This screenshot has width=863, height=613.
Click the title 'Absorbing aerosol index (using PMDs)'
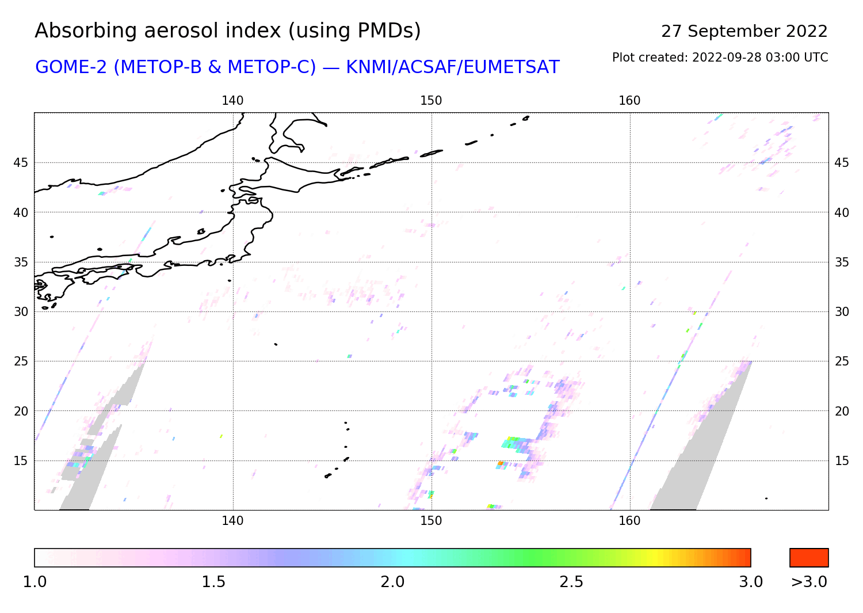(228, 31)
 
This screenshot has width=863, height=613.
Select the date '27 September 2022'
(744, 32)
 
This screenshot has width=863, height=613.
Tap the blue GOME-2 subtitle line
(297, 67)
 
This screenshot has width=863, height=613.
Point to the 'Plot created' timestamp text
(720, 58)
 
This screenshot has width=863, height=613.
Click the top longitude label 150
(431, 101)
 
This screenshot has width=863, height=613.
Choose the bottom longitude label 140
(232, 521)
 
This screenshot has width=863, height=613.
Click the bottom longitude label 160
(629, 521)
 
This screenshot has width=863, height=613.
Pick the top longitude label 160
(629, 101)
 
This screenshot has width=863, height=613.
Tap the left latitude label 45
(21, 163)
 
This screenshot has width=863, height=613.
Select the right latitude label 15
(842, 460)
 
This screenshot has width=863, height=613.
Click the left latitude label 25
(21, 361)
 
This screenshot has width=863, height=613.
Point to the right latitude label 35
(842, 262)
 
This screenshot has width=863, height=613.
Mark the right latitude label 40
(842, 213)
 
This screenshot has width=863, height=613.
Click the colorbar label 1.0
(35, 582)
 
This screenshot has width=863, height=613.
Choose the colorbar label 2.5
(571, 582)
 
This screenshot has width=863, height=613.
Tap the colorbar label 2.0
(392, 582)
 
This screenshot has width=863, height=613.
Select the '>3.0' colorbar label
(809, 582)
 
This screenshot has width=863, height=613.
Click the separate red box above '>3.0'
(809, 558)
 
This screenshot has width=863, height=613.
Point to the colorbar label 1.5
(213, 582)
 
